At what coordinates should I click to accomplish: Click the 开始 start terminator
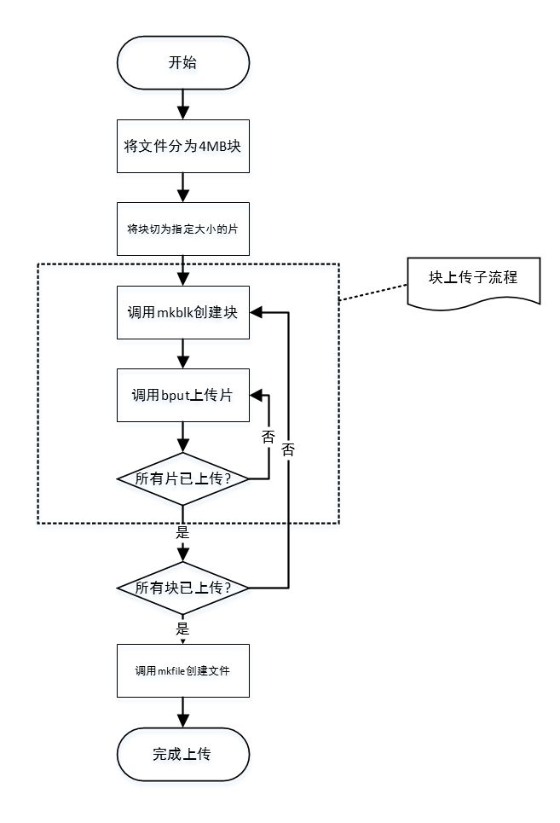pyautogui.click(x=182, y=63)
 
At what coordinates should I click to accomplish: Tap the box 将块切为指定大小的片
pyautogui.click(x=182, y=229)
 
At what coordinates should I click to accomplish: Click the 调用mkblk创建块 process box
pyautogui.click(x=182, y=313)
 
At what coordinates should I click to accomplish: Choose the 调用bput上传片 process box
pyautogui.click(x=182, y=395)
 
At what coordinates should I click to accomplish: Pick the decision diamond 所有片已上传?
pyautogui.click(x=182, y=478)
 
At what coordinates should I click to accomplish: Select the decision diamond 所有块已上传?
pyautogui.click(x=182, y=588)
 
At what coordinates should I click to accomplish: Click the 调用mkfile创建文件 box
pyautogui.click(x=182, y=670)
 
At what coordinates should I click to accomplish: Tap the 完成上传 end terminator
pyautogui.click(x=182, y=754)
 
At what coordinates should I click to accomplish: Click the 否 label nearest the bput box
pyautogui.click(x=268, y=436)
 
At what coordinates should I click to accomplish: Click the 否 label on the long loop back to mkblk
pyautogui.click(x=288, y=450)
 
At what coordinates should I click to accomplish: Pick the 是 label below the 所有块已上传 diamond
pyautogui.click(x=182, y=629)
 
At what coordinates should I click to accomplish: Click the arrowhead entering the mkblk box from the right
pyautogui.click(x=255, y=313)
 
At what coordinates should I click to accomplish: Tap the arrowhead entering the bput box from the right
pyautogui.click(x=255, y=395)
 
